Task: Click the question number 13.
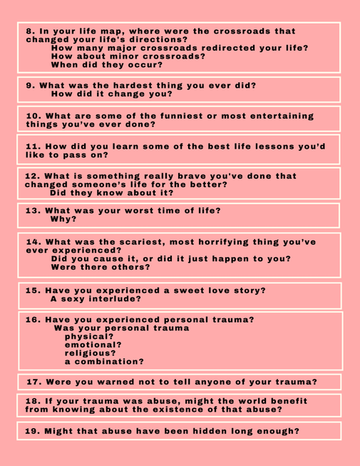[33, 211]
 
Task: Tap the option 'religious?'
[91, 353]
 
